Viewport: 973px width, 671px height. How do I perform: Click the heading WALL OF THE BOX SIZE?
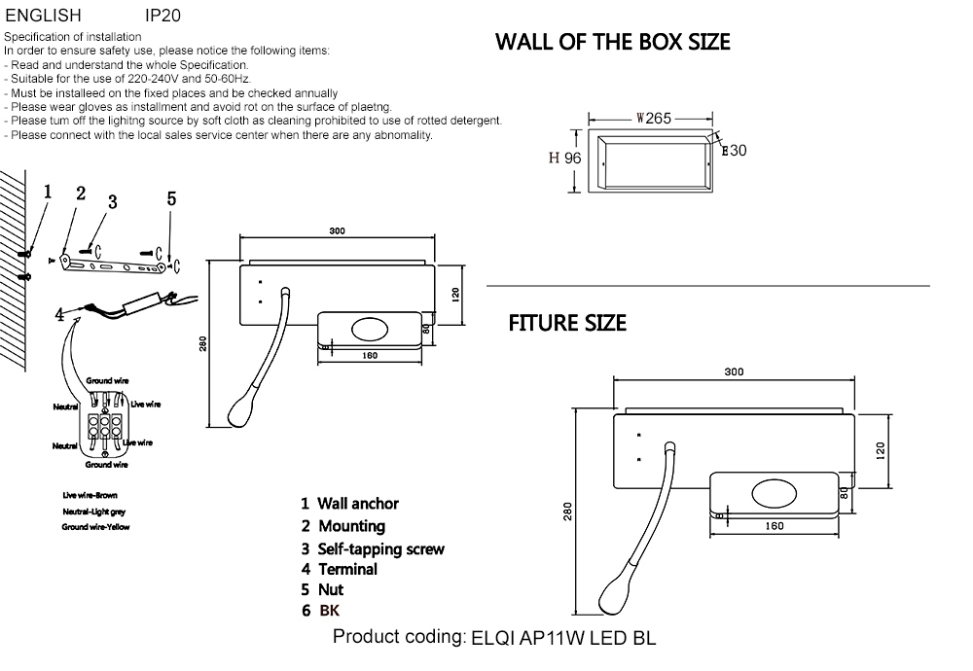pos(612,42)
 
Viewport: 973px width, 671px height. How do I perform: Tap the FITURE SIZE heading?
pos(567,323)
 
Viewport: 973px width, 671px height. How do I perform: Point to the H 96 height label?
pos(564,159)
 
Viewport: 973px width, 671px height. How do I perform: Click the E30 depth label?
pos(733,151)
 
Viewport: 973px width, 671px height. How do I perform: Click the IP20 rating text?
pos(162,16)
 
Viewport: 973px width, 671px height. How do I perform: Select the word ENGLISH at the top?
pos(44,16)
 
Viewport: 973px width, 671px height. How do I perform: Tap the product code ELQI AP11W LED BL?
pos(563,639)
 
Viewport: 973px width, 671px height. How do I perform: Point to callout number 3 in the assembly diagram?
pos(113,202)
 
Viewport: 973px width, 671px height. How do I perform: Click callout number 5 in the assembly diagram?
pos(171,198)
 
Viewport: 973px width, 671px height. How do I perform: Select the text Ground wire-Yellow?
pos(95,527)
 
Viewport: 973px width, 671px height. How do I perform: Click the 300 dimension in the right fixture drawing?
pos(734,371)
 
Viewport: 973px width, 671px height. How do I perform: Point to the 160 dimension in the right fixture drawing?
pos(775,526)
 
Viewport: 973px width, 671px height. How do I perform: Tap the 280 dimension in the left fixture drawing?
pos(202,344)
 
